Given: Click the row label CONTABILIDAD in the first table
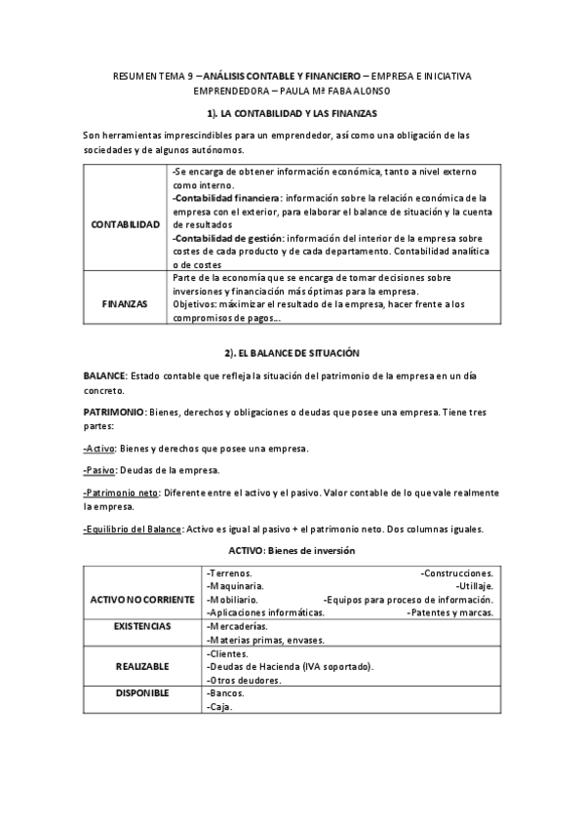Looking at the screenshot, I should click(125, 225).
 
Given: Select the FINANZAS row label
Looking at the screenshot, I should click(125, 303).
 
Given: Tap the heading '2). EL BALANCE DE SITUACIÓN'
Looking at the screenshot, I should click(292, 350).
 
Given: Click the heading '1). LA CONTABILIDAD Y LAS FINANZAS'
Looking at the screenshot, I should click(292, 114).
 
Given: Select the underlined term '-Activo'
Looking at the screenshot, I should click(99, 449).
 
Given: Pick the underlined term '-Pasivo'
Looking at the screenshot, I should click(101, 470).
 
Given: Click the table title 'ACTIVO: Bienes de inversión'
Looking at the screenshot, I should click(292, 551).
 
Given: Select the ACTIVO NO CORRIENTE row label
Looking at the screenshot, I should click(142, 598).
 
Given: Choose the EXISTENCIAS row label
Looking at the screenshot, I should click(142, 625).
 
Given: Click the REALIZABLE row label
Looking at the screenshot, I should click(142, 666).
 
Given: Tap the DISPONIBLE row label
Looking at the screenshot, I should click(142, 693).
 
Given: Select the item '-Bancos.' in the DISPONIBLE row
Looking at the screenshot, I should click(226, 693).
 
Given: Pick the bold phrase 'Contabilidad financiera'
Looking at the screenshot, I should click(217, 197).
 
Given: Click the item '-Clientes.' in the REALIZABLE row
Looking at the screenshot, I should click(229, 653).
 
